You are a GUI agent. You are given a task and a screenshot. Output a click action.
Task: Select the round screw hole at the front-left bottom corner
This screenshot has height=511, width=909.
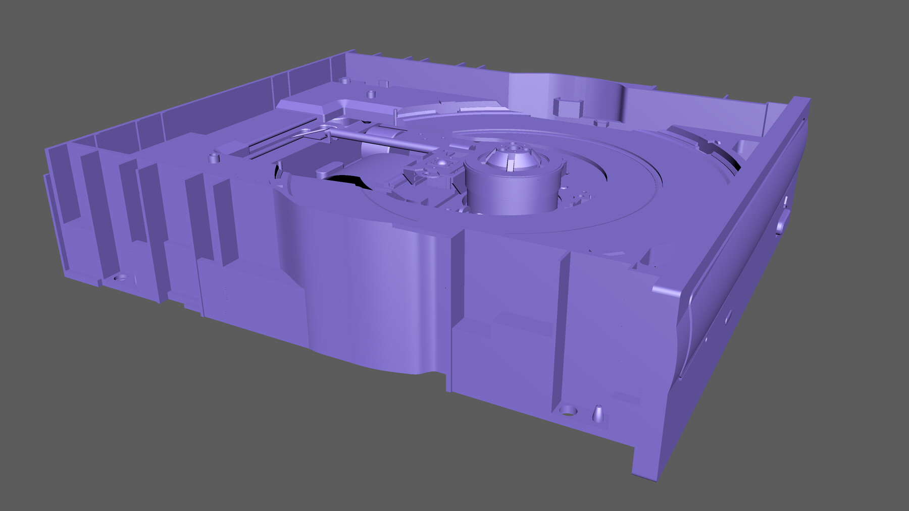pyautogui.click(x=121, y=278)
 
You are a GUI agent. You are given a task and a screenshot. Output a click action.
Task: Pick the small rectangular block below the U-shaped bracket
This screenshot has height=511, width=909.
pyautogui.click(x=601, y=123)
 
